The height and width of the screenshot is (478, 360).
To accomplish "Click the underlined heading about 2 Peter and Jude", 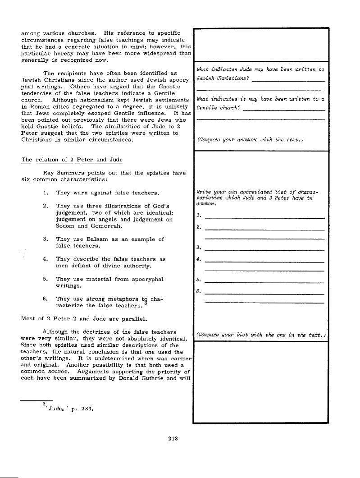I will coord(66,160).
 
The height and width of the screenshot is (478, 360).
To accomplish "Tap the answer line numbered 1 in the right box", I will coord(264,218).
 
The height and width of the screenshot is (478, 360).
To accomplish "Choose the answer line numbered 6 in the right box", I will coord(264,294).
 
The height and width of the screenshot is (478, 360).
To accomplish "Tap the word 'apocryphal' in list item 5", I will coord(145,279).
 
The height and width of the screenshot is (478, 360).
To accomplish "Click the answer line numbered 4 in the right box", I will coord(264,262).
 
